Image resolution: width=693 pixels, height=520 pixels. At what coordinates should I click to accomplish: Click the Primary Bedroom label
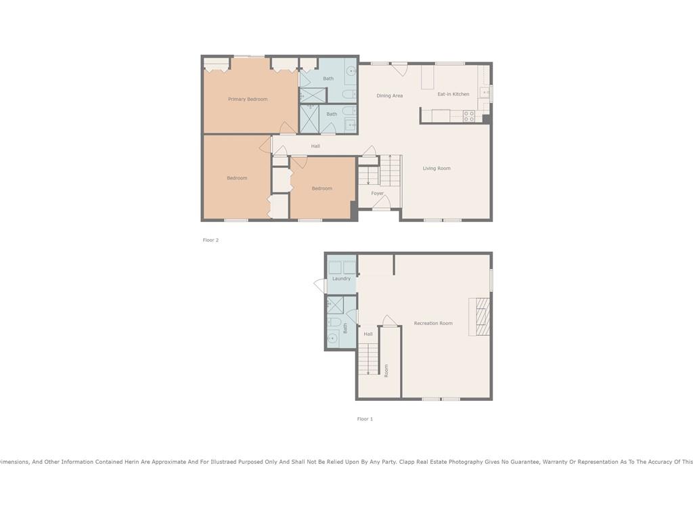click(248, 99)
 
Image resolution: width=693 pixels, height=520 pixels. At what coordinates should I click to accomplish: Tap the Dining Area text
click(389, 95)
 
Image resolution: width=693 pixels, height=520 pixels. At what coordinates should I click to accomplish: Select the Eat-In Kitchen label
click(453, 94)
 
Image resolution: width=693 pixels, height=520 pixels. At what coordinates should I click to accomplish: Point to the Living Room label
click(437, 168)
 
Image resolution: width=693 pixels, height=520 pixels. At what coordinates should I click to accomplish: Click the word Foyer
click(377, 193)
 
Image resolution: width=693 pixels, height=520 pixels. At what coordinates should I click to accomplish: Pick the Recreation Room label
click(433, 323)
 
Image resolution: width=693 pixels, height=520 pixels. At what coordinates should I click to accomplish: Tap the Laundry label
click(341, 278)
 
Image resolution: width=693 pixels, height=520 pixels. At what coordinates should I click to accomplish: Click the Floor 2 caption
click(210, 240)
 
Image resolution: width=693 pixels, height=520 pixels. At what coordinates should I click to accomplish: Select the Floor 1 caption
click(365, 418)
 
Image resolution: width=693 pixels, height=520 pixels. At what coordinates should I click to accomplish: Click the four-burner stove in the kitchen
click(469, 116)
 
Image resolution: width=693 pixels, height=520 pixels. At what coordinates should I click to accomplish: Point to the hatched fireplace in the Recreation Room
click(480, 317)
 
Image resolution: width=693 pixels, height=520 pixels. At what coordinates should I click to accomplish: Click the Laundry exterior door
click(320, 286)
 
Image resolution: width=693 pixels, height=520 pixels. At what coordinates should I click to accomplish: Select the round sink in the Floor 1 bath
click(332, 339)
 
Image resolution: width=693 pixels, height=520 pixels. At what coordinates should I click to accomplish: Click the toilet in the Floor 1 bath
click(334, 322)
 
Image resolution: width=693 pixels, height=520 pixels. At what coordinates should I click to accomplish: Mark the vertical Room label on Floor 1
click(386, 370)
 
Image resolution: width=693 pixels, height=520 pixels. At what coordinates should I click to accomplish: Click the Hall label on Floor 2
click(315, 146)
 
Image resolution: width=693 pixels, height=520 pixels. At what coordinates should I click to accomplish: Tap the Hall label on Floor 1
click(368, 334)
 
